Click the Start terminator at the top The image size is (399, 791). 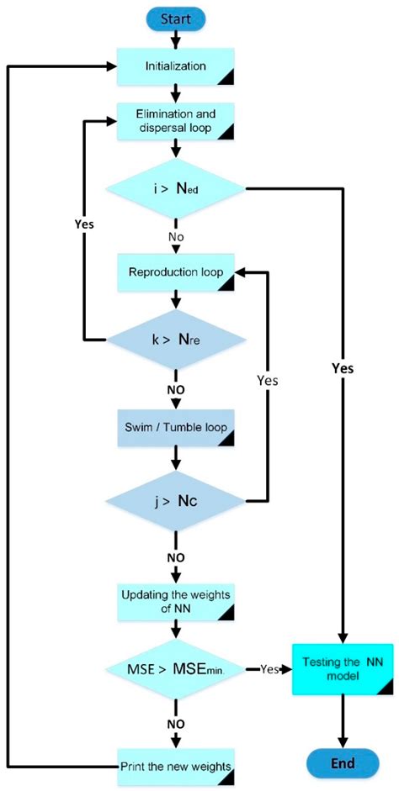(x=176, y=17)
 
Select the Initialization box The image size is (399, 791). (x=176, y=65)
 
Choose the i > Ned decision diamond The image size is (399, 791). (x=176, y=189)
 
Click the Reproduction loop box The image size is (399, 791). (x=176, y=272)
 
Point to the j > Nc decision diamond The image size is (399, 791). (x=176, y=502)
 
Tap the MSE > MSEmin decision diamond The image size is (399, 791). (x=176, y=670)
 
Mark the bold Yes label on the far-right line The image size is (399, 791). (x=343, y=367)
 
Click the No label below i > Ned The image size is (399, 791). (x=176, y=238)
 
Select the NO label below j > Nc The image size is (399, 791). (x=176, y=556)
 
